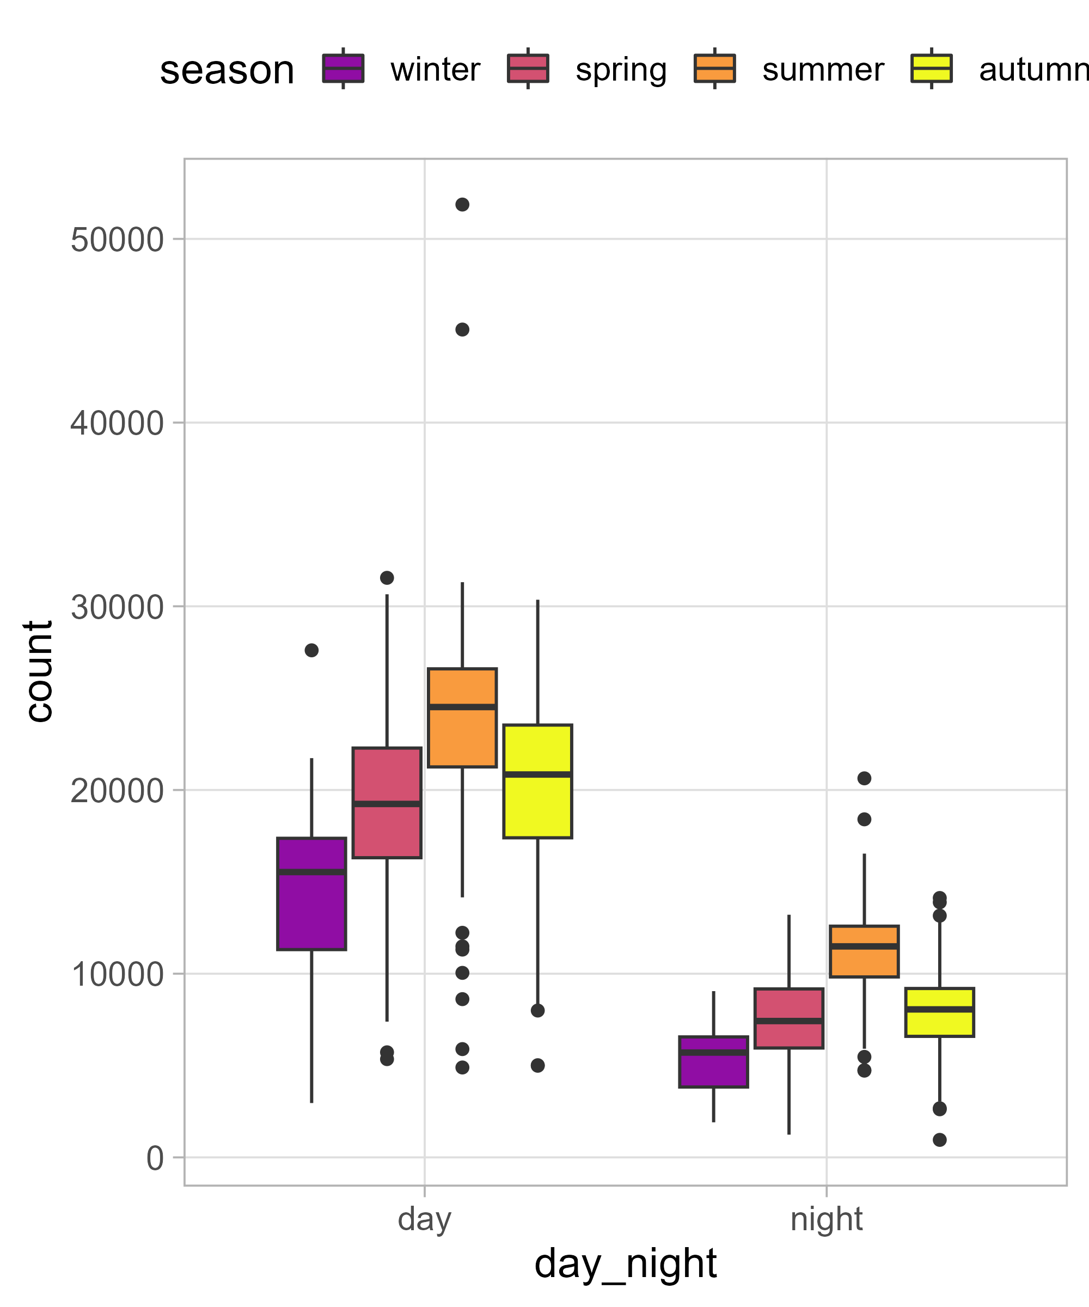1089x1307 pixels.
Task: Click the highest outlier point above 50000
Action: coord(462,205)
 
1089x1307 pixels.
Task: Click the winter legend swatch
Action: coord(343,69)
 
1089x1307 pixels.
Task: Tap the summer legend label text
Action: coord(822,70)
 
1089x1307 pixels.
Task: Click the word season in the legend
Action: coord(227,70)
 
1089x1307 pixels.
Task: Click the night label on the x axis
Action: coord(826,1219)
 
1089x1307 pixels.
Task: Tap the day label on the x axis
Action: coord(424,1219)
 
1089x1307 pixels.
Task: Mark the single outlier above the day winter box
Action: coord(311,650)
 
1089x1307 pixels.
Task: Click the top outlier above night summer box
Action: coord(864,778)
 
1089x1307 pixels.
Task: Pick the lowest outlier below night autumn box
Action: coord(939,1140)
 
